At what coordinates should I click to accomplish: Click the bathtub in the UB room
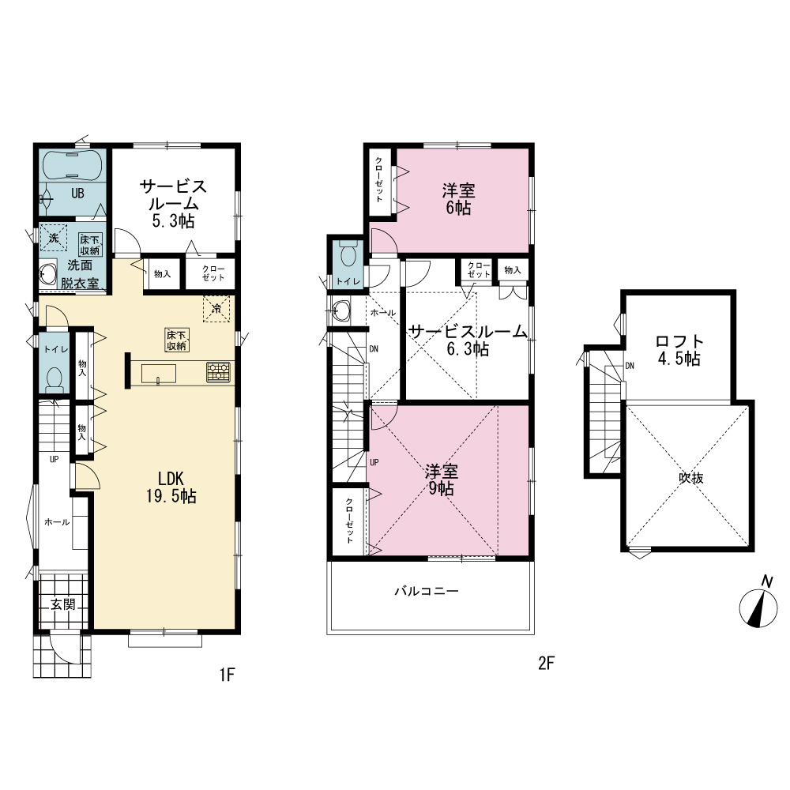73,164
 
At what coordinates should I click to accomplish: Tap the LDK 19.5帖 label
171,487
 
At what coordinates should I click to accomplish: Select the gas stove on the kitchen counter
218,372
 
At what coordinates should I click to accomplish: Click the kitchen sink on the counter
159,374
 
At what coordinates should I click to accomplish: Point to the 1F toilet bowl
54,378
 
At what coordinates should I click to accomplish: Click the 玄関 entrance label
62,604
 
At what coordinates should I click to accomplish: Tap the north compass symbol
758,604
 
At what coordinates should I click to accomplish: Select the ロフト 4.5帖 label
679,350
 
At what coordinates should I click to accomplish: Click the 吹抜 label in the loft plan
690,478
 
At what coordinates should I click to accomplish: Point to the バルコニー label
427,590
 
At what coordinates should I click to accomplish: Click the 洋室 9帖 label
442,480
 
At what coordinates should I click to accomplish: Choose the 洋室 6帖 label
458,199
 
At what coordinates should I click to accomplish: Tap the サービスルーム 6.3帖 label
468,340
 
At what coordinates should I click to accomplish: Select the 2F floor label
546,663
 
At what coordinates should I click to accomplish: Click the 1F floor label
228,674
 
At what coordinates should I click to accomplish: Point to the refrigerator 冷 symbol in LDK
216,308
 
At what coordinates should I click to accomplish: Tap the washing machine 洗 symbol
54,237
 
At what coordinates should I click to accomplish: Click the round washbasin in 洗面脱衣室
49,276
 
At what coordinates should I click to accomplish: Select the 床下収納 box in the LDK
177,340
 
